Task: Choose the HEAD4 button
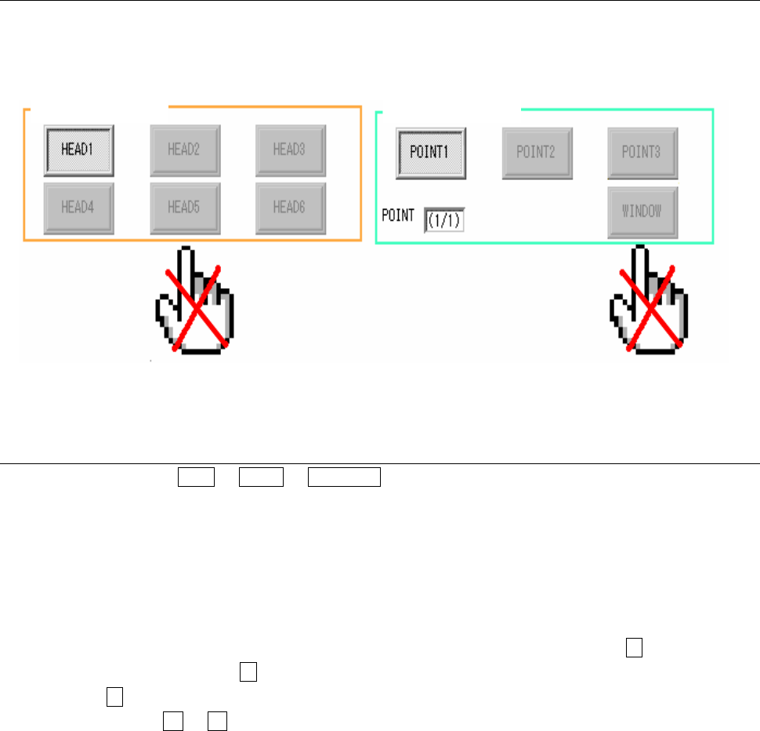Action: (x=79, y=207)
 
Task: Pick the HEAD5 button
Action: (x=185, y=207)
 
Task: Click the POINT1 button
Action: (x=431, y=152)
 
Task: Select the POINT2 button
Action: (x=537, y=152)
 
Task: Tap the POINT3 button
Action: (x=642, y=152)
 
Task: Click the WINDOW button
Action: (x=642, y=212)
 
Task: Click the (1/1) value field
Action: (x=444, y=221)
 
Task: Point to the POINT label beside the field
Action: (x=398, y=214)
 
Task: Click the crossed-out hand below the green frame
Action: (x=649, y=301)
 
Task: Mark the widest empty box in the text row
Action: (x=345, y=477)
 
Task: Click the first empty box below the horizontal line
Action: (x=196, y=477)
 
